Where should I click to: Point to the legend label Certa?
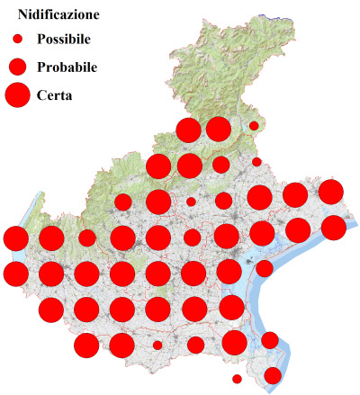tap(55, 94)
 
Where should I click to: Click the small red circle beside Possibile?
tap(17, 40)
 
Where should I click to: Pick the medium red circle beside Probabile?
tap(17, 67)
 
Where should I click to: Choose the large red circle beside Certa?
tap(17, 94)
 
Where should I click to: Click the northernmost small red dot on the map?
tap(255, 126)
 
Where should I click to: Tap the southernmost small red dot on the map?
tap(237, 379)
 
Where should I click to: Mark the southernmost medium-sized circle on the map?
tap(272, 375)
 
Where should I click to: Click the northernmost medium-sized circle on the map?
tap(220, 165)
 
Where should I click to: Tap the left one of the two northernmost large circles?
tap(188, 130)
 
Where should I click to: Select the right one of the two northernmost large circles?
tap(219, 129)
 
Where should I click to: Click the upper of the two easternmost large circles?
tap(330, 192)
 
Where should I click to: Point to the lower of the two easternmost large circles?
tap(333, 228)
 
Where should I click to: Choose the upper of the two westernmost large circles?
tap(15, 238)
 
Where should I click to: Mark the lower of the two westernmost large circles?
tap(15, 273)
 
